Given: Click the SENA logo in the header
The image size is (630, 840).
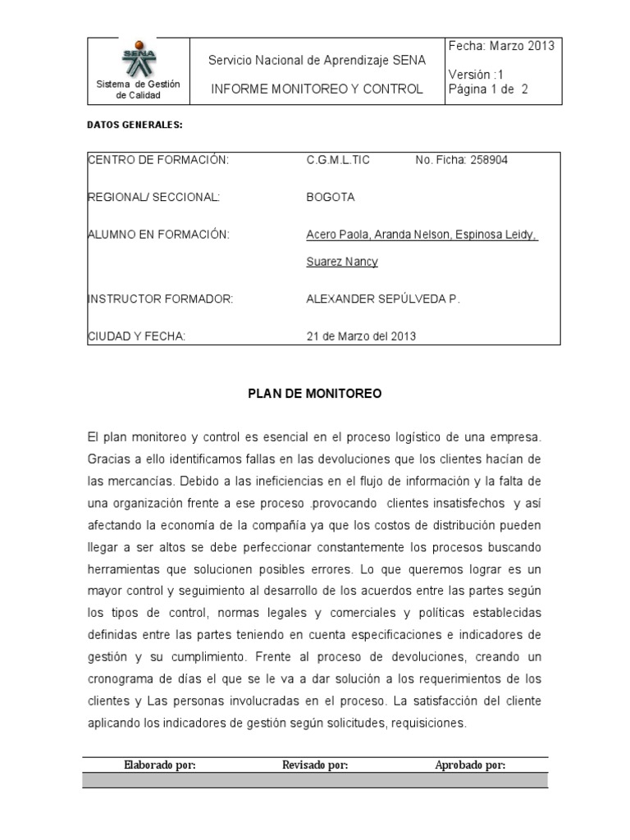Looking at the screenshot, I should pos(138,58).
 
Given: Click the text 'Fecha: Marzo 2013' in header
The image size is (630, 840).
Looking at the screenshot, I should pos(501,46).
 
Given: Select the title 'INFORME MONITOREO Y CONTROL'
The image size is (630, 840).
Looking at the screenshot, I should pos(317,89).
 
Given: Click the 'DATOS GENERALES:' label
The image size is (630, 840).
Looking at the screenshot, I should pos(134,126).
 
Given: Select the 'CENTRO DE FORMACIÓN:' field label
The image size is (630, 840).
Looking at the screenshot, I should pos(157,160).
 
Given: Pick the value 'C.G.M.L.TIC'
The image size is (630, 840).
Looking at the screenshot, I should pos(337,160).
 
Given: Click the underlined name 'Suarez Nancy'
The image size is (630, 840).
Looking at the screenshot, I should pos(341,262).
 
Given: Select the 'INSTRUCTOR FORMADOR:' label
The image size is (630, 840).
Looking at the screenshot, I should pos(161,299).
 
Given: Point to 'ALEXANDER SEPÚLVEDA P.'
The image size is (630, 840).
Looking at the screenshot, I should pos(383,299).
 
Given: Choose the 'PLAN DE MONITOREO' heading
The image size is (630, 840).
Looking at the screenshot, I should pos(315,394).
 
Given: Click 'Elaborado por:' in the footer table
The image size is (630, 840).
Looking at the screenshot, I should pos(159,765).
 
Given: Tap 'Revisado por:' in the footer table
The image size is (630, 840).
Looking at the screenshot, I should pos(315,765).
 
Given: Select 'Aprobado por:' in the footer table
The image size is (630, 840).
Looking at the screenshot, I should pos(469,765).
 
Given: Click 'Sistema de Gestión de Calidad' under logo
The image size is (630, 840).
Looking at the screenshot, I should pos(138,89).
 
